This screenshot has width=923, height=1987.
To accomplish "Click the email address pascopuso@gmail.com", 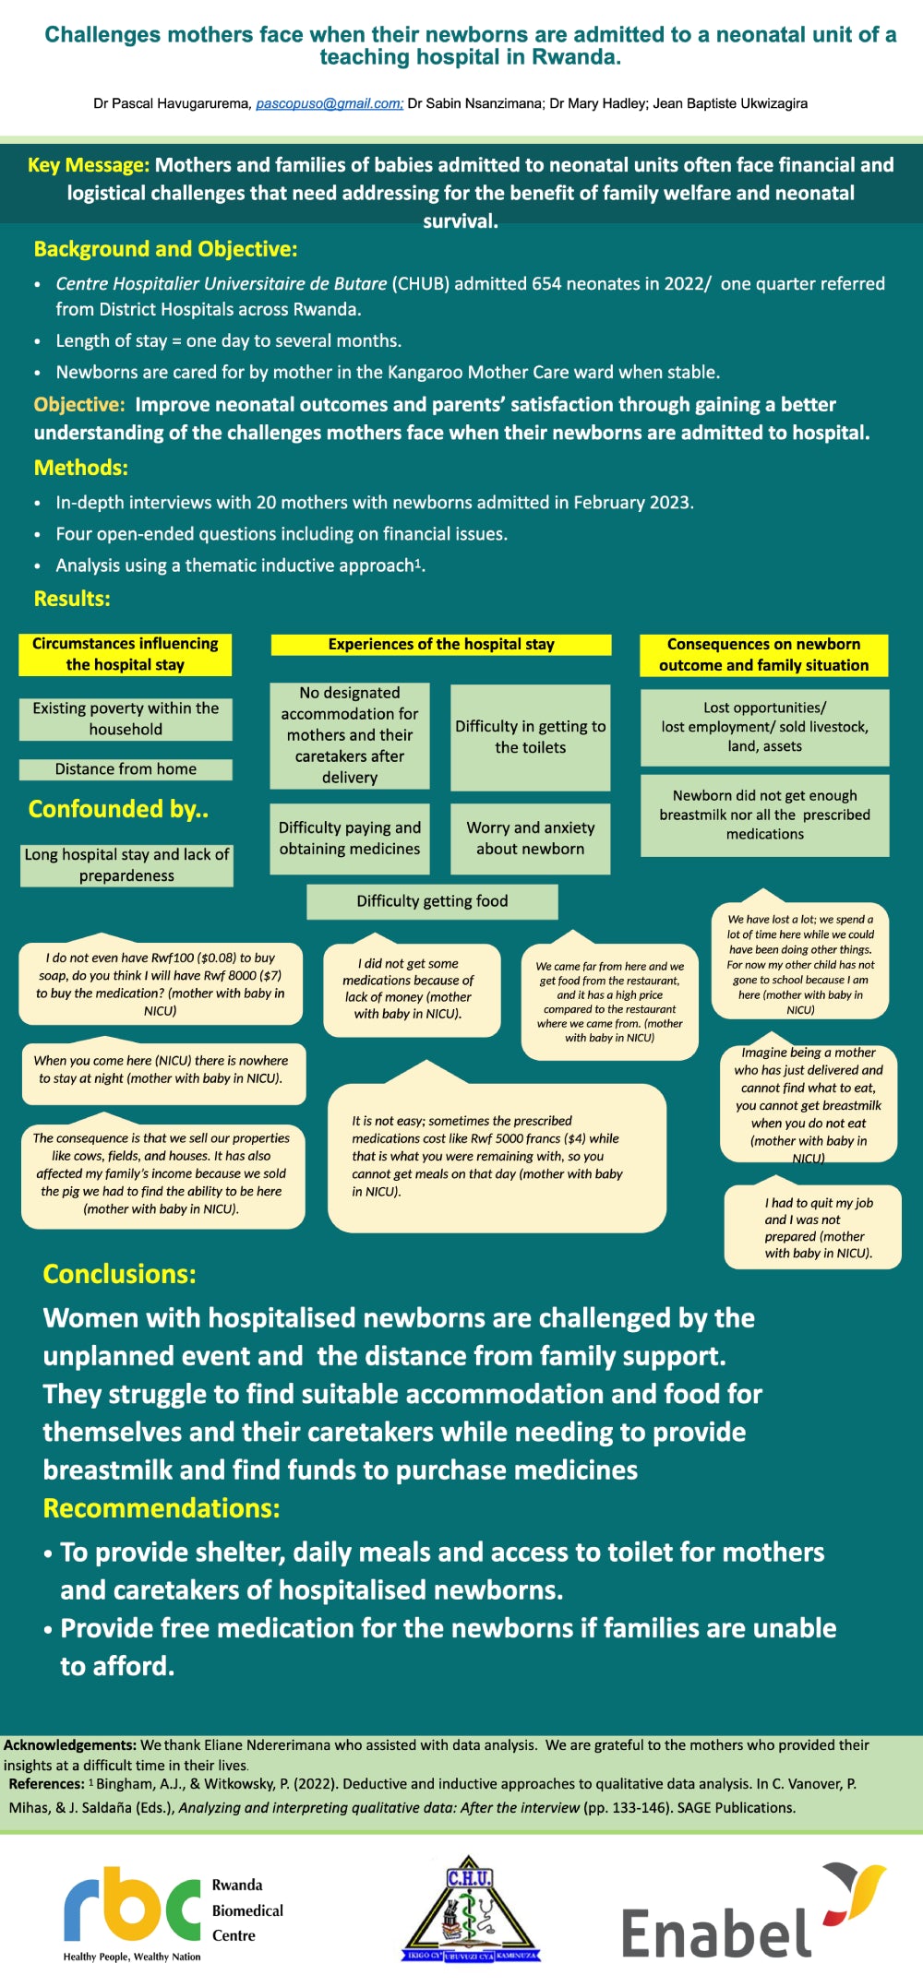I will click(329, 103).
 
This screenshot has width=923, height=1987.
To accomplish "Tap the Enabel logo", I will click(752, 1911).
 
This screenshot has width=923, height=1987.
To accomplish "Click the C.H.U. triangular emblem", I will click(471, 1909).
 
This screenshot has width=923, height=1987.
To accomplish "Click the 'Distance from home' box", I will click(126, 769).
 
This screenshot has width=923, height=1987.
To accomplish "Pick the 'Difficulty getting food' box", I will click(432, 901).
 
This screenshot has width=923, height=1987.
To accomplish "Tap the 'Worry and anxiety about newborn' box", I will click(530, 839).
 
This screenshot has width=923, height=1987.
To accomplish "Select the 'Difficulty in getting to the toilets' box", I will click(530, 737).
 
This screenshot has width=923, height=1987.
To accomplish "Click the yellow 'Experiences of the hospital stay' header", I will click(441, 645).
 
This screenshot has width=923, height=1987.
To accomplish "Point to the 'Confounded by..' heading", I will click(118, 809).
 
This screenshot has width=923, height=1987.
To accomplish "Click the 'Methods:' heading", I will click(81, 468).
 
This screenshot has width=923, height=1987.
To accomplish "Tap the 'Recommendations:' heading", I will click(162, 1508).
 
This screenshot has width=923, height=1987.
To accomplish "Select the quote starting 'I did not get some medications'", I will click(412, 989).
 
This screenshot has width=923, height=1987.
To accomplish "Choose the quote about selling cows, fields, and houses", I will click(162, 1173).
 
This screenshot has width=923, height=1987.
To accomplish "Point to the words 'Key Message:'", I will click(89, 165).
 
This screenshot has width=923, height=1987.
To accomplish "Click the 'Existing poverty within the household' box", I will click(126, 719).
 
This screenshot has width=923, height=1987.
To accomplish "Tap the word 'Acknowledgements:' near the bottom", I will click(70, 1744).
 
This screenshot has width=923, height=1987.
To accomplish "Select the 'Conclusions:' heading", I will click(119, 1274).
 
